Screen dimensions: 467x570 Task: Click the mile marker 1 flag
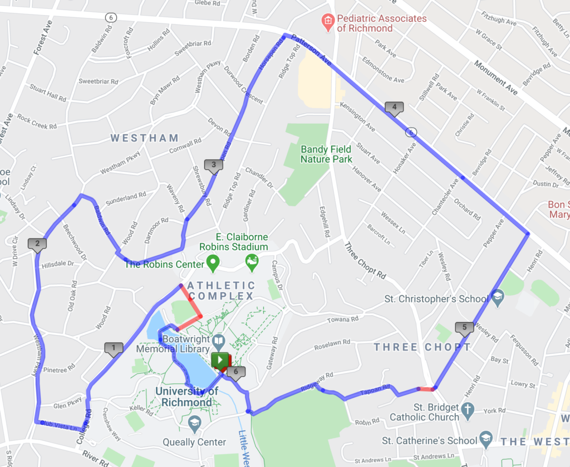click(114, 349)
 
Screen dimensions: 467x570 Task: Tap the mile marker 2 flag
click(37, 244)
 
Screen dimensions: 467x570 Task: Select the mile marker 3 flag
click(213, 165)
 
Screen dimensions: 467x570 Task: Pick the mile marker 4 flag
click(394, 107)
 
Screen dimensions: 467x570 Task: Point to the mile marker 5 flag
click(464, 327)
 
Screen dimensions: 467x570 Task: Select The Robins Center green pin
click(212, 261)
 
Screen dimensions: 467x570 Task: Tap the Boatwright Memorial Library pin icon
click(219, 339)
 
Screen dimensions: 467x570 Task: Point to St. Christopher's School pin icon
click(498, 298)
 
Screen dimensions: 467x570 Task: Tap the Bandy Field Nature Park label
click(326, 154)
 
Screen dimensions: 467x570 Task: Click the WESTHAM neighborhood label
click(144, 138)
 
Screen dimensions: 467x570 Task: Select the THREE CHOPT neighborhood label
click(422, 347)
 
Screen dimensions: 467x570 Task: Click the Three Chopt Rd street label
click(365, 260)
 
